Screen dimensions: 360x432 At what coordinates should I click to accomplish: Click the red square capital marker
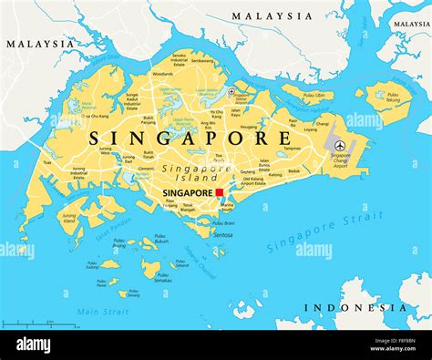(x=219, y=192)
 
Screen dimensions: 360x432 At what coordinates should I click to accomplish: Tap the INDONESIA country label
(x=355, y=308)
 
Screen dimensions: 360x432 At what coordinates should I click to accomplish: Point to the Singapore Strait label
(x=324, y=232)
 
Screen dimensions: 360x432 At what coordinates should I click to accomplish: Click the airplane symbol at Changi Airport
(x=339, y=145)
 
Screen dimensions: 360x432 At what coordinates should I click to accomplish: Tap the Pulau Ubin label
(x=313, y=95)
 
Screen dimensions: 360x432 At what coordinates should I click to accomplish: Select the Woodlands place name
(x=161, y=73)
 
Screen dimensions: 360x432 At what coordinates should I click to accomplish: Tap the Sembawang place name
(x=202, y=60)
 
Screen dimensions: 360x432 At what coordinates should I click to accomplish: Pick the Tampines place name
(x=292, y=147)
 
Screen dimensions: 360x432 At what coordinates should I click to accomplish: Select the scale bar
(x=27, y=324)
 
